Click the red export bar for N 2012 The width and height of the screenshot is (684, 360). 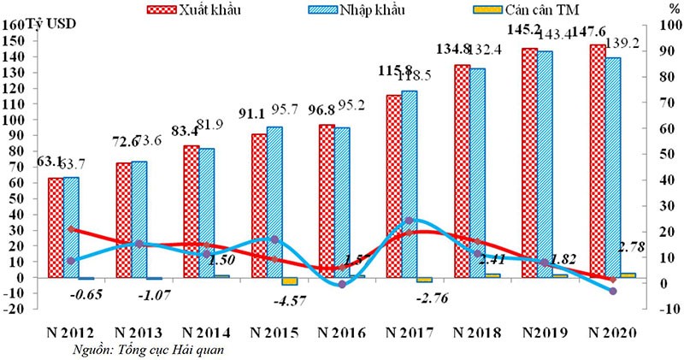click(x=55, y=227)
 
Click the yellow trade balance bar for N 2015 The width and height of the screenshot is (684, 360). click(x=290, y=281)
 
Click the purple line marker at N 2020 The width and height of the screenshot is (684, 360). click(x=612, y=292)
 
